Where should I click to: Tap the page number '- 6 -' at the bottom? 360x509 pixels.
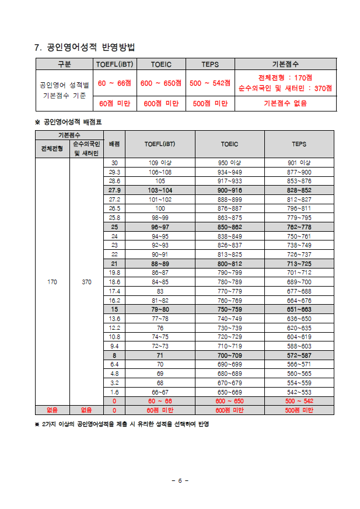pyautogui.click(x=180, y=480)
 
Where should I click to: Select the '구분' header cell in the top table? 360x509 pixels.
pyautogui.click(x=65, y=64)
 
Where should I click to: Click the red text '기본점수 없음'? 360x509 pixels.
pyautogui.click(x=285, y=103)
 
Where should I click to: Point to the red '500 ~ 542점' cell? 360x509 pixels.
pyautogui.click(x=210, y=83)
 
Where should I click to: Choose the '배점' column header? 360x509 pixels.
pyautogui.click(x=114, y=144)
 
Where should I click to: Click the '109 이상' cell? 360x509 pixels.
pyautogui.click(x=160, y=163)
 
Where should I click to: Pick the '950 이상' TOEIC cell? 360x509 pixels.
pyautogui.click(x=229, y=163)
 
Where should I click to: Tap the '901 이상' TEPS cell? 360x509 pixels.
pyautogui.click(x=299, y=163)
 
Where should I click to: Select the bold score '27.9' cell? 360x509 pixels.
pyautogui.click(x=114, y=190)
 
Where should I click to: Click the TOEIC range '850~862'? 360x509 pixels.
pyautogui.click(x=229, y=226)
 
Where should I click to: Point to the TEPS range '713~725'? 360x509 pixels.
pyautogui.click(x=299, y=263)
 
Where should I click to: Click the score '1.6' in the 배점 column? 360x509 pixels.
pyautogui.click(x=114, y=392)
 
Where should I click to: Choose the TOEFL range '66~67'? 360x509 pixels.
pyautogui.click(x=160, y=392)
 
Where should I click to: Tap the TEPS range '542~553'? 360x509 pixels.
pyautogui.click(x=299, y=392)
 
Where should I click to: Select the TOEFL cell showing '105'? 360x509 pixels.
pyautogui.click(x=160, y=181)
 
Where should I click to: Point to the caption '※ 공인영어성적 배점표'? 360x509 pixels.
pyautogui.click(x=72, y=122)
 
